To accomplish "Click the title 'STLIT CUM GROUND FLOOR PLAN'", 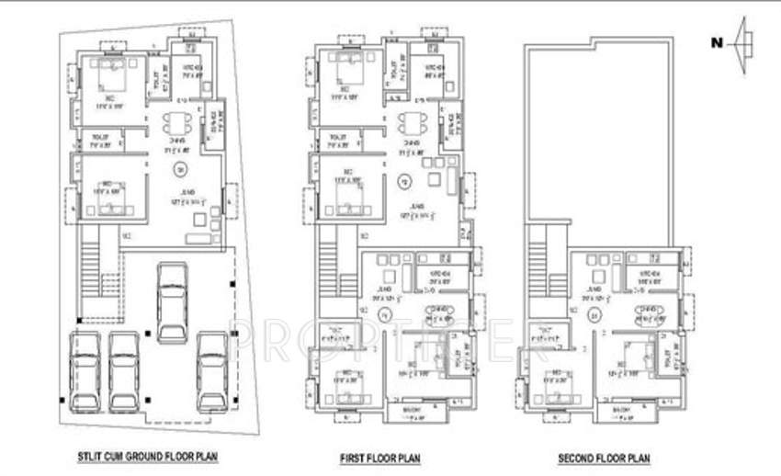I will point(147,456).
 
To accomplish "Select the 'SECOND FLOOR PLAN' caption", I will point(605,456).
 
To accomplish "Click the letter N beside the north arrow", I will point(715,41).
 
